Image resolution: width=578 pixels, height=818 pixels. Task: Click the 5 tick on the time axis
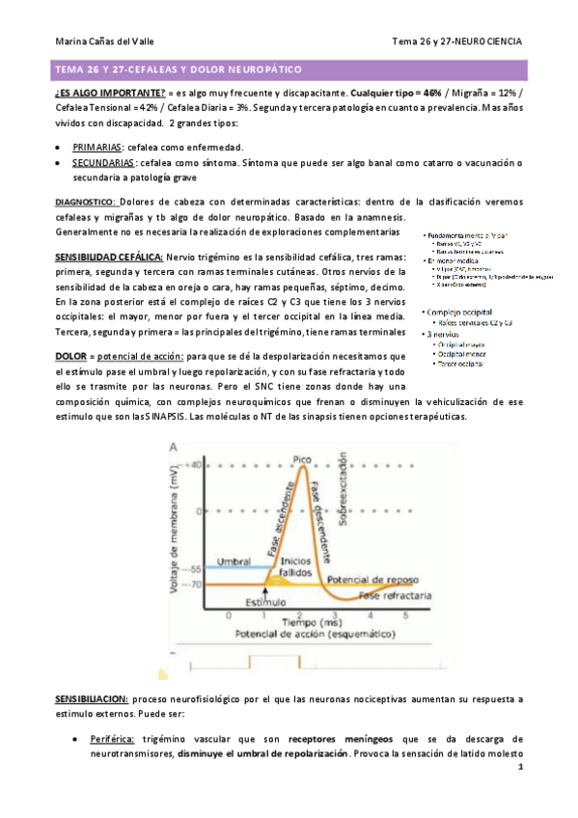pos(405,614)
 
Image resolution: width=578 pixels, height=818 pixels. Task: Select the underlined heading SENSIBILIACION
pos(90,696)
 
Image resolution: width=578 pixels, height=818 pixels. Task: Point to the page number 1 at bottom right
pos(520,769)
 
